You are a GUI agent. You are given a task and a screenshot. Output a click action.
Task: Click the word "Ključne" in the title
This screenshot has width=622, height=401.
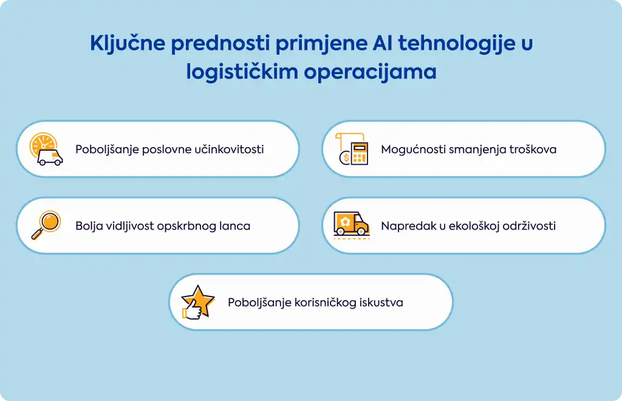tap(128, 44)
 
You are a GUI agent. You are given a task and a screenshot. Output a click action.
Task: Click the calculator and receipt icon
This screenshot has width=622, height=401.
tap(352, 149)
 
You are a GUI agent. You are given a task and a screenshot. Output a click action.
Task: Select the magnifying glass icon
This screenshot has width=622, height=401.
tap(46, 225)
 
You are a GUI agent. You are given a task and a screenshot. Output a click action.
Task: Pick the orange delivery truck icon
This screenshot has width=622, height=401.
tap(352, 225)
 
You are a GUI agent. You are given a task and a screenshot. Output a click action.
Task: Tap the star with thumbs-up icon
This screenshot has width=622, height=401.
tap(197, 302)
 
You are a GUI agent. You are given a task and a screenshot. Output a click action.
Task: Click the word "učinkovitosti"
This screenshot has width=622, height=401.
tap(229, 149)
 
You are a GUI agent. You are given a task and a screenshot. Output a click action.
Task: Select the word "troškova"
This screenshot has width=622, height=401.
tap(533, 149)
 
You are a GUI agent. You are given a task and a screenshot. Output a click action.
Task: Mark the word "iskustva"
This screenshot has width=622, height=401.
tap(381, 303)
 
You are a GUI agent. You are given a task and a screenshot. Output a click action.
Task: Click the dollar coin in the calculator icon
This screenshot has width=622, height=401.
tap(345, 159)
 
